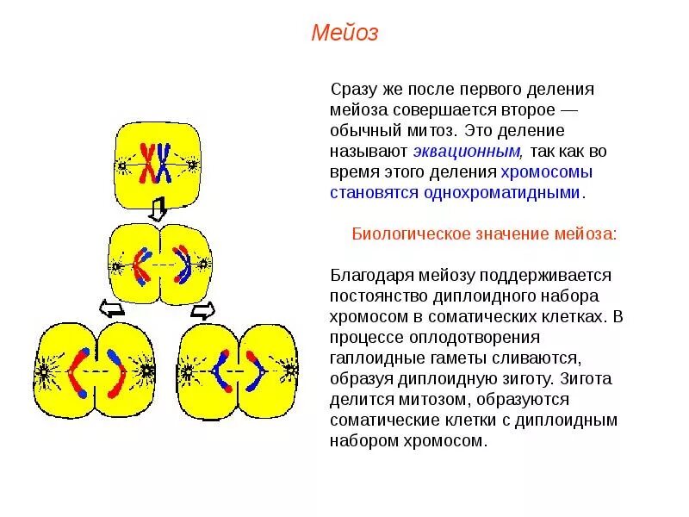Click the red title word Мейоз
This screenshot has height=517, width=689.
click(344, 34)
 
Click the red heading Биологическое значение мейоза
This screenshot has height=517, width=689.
click(485, 234)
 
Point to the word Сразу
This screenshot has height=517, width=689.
click(352, 90)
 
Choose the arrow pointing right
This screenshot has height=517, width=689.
click(203, 308)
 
